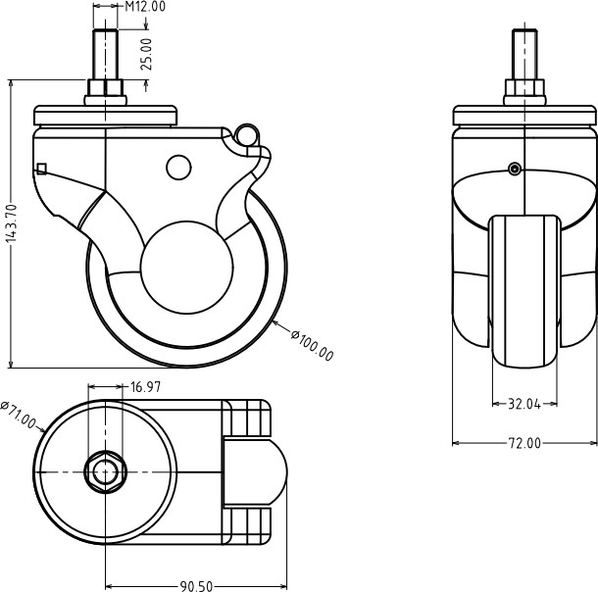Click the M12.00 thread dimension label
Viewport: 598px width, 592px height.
point(146,7)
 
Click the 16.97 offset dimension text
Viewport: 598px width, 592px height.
point(145,387)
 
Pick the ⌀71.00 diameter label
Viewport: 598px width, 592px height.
point(19,416)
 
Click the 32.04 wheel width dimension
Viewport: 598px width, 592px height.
point(524,403)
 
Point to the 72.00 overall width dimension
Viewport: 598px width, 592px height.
point(524,443)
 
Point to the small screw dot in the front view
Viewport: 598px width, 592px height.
point(515,170)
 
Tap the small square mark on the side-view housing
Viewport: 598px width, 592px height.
point(41,168)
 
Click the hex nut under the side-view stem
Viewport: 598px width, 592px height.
point(105,94)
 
